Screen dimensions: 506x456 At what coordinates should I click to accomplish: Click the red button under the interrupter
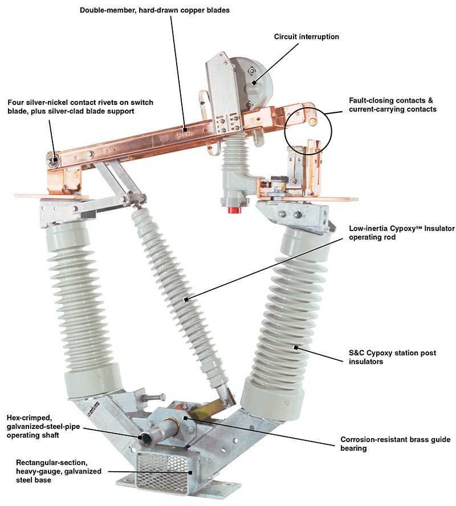coord(233,211)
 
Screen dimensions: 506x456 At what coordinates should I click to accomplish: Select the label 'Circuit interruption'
coord(306,37)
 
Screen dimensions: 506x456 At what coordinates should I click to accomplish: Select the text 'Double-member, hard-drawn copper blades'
coord(154,10)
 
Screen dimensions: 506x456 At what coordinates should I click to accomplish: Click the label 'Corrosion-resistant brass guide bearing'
coord(395,444)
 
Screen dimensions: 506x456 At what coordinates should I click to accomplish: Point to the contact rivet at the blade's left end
coord(54,159)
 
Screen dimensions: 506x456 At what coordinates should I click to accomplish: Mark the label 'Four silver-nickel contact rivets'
coord(80,107)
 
